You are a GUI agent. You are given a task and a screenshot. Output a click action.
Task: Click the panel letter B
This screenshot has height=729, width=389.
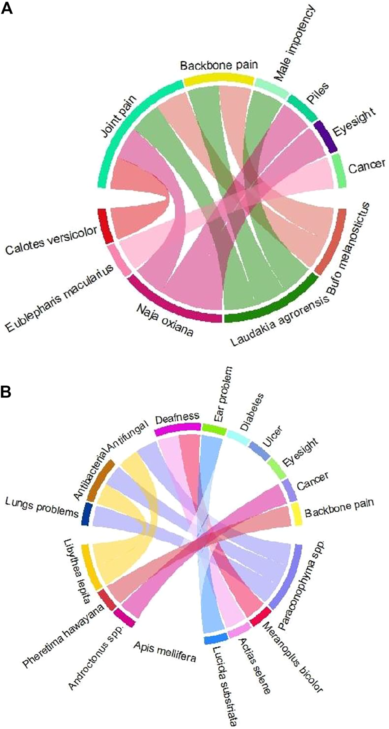(x=6, y=392)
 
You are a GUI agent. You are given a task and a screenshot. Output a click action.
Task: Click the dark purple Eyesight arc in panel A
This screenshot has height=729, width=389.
(x=325, y=136)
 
